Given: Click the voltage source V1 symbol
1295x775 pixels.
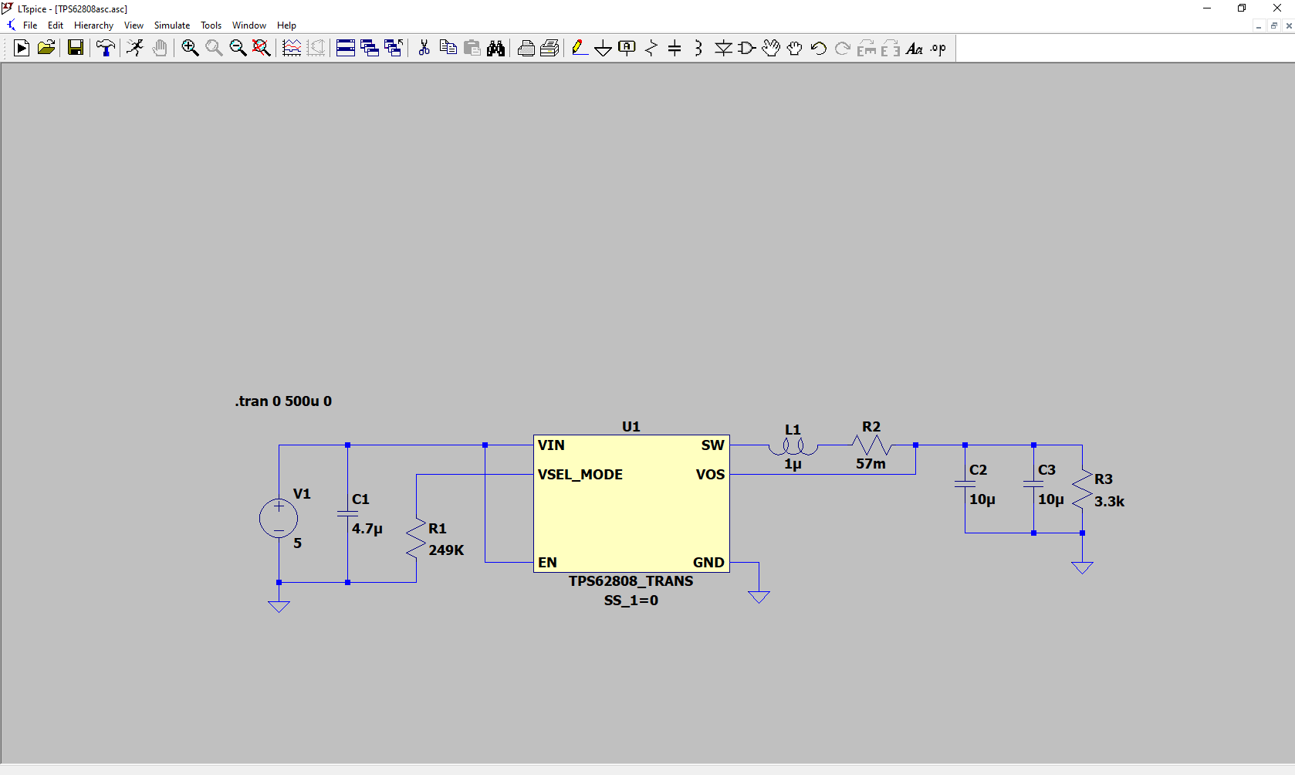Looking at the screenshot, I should [279, 518].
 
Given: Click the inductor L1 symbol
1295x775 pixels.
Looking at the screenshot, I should [793, 446].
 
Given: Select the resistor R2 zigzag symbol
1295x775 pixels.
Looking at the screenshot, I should [871, 445].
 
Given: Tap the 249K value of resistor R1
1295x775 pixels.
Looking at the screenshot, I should [446, 550].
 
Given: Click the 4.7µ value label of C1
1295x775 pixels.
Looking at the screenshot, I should [367, 529].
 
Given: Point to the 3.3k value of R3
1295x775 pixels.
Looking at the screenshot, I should [1109, 502].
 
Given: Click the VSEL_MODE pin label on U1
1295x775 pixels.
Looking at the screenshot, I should [580, 475].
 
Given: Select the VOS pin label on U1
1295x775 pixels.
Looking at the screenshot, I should [710, 475].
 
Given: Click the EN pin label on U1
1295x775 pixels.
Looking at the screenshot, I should [547, 563].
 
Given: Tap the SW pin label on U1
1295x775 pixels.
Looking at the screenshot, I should [712, 445].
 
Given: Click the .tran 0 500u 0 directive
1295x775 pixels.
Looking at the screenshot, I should [283, 401].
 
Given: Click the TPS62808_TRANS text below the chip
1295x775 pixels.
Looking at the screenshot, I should [631, 581].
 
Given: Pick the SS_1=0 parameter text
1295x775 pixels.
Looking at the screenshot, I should [631, 601].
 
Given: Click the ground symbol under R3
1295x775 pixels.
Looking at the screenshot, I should [1082, 567].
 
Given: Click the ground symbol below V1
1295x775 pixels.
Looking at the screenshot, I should [279, 606].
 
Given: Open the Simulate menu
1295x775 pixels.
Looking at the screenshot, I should [171, 25].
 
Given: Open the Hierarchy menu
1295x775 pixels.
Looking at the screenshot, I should [93, 25].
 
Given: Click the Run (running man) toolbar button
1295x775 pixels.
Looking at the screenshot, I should [135, 49].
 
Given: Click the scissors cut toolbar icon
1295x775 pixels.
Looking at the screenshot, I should [424, 49].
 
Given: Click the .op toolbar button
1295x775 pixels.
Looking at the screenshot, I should [938, 49].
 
